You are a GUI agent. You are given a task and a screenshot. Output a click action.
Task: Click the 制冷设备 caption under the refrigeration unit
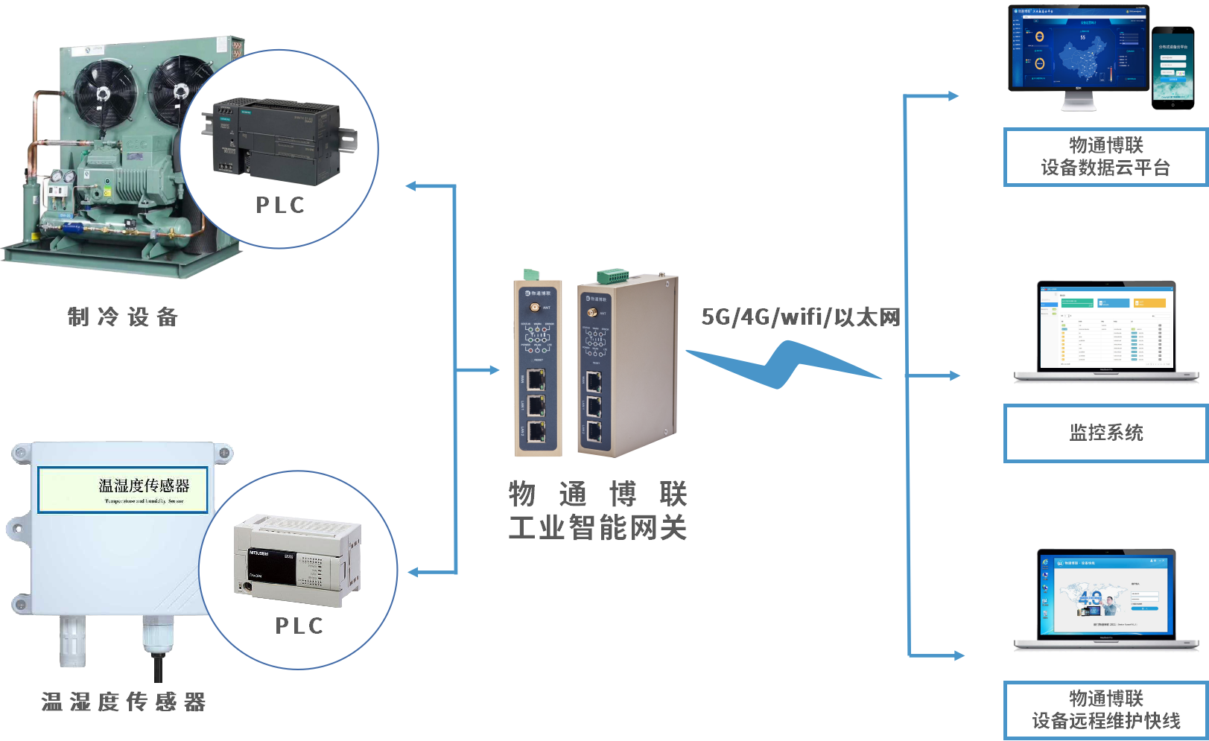coord(123,317)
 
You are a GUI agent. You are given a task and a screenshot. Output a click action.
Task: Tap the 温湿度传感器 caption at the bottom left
coord(123,702)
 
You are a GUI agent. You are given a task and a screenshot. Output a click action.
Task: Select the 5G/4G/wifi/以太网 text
coord(801,317)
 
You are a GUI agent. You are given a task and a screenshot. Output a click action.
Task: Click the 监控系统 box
coord(1106,433)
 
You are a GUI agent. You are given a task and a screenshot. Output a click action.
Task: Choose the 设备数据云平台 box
coord(1106,157)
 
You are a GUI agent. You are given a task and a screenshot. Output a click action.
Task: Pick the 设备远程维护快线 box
coord(1106,710)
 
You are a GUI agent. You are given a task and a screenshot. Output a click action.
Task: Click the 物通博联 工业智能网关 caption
coord(597,511)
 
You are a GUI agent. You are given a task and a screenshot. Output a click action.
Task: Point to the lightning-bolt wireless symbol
coord(782,365)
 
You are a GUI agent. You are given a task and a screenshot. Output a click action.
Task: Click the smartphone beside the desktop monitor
coord(1172,68)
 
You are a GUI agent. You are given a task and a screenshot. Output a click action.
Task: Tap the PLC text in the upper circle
coord(280,206)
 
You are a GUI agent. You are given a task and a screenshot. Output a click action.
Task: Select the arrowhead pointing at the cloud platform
coord(953,95)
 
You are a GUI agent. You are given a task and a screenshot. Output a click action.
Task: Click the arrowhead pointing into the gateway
coord(492,370)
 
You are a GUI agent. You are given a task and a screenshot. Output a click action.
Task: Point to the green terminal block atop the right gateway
coord(612,276)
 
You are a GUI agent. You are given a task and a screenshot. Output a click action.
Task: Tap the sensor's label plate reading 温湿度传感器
coord(123,489)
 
